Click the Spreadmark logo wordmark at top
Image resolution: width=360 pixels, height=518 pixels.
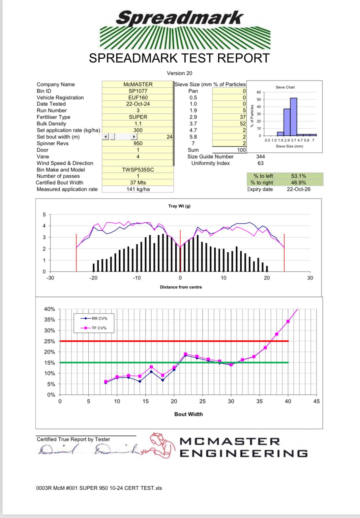[x=180, y=18]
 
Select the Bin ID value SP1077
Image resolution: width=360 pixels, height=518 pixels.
[x=138, y=91]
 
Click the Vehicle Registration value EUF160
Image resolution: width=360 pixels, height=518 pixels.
[x=138, y=98]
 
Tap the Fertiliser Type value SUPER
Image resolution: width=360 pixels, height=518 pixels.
[x=138, y=117]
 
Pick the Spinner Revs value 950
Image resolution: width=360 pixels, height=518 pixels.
[x=138, y=143]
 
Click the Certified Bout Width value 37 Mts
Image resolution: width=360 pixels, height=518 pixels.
[x=138, y=183]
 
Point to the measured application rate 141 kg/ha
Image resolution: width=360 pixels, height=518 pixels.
[x=138, y=189]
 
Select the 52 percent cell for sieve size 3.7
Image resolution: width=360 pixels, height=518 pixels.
[x=243, y=124]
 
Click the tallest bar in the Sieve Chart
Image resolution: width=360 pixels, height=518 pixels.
[x=293, y=117]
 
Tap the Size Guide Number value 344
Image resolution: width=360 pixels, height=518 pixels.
[x=260, y=157]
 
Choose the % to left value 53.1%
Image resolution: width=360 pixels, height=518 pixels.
[x=298, y=176]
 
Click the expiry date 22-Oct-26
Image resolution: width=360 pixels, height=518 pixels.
[x=298, y=189]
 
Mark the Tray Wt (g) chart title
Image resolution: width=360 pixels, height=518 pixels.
[x=179, y=206]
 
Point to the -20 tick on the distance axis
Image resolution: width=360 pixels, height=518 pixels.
[x=94, y=278]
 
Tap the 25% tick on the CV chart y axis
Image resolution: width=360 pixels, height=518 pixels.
[x=49, y=341]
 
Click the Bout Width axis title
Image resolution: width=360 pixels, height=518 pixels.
[x=189, y=414]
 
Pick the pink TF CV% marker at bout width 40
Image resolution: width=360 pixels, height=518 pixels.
[x=288, y=321]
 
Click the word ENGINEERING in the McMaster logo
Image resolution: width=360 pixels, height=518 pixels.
[x=244, y=453]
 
